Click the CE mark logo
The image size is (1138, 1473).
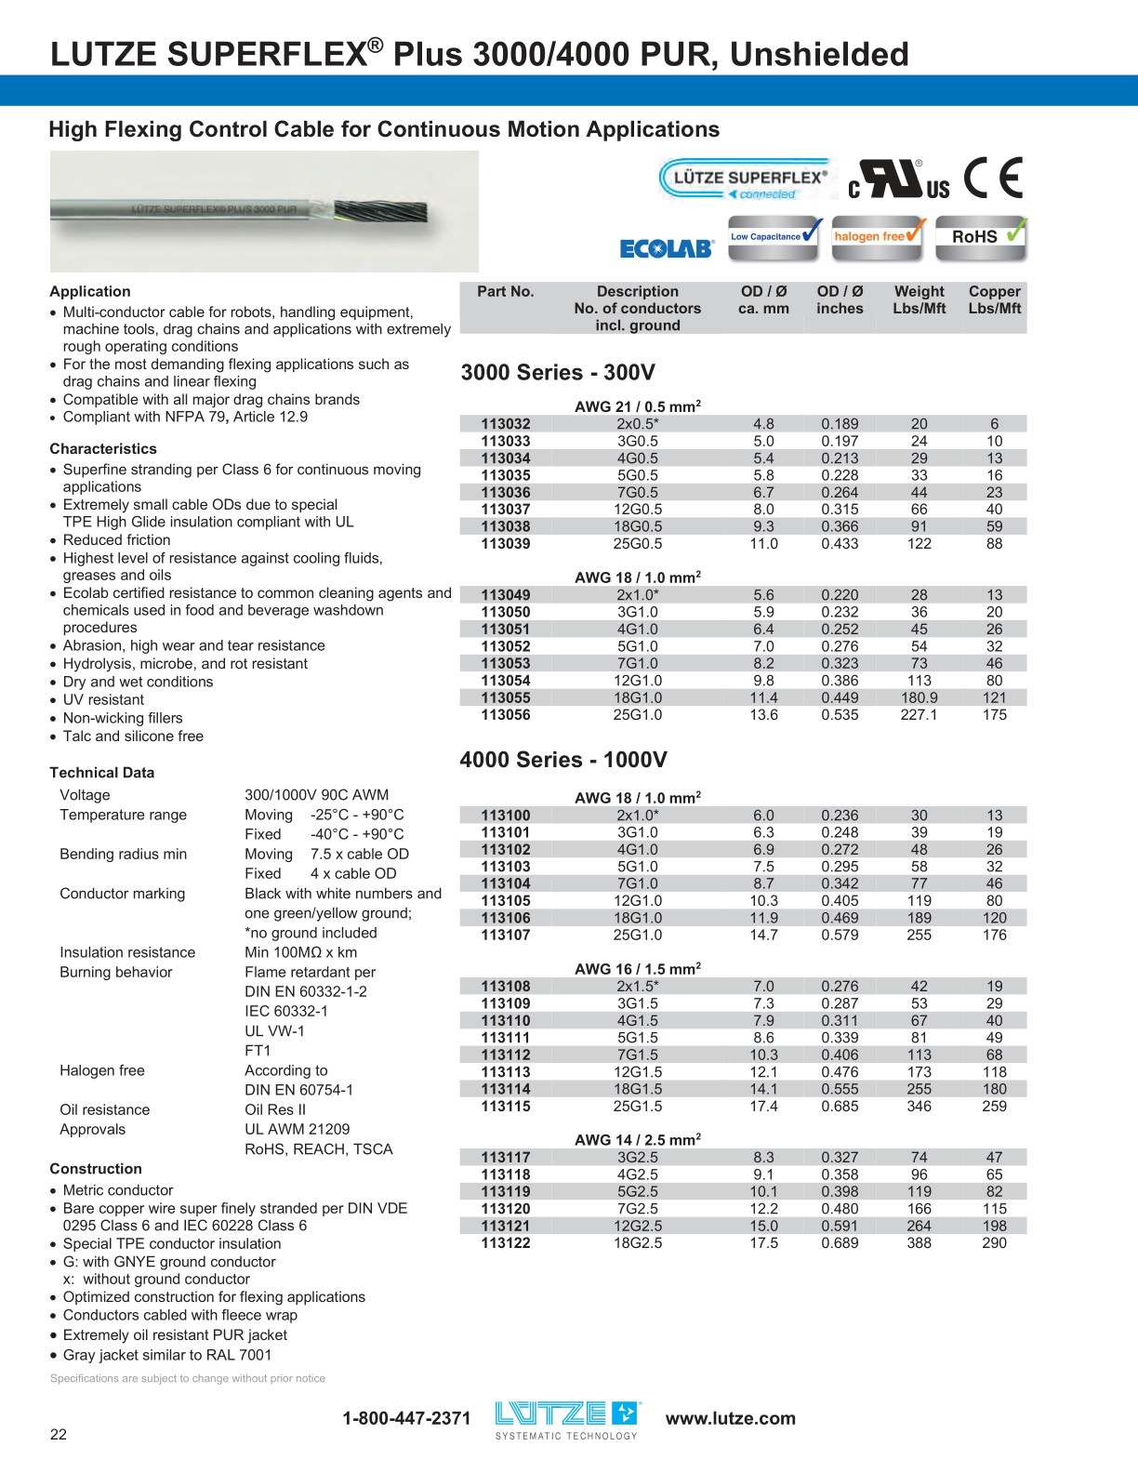coord(993,178)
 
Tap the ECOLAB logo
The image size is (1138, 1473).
coord(666,248)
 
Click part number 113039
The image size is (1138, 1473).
coord(506,544)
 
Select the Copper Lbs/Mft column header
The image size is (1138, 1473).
coord(994,299)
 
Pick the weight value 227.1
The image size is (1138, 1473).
coord(919,715)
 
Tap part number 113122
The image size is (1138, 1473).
coord(506,1243)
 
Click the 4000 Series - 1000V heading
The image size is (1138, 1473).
coord(563,760)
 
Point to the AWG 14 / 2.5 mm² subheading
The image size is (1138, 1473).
coord(638,1139)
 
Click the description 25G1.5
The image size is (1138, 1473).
coord(638,1107)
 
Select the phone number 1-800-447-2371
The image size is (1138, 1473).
coord(406,1418)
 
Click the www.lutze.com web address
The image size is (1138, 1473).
coord(731,1418)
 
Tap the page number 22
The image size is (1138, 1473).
coord(59,1434)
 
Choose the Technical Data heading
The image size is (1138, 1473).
coord(102,773)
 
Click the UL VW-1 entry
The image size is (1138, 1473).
coord(274,1030)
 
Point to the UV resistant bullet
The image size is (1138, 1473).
coord(103,700)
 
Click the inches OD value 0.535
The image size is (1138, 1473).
coord(840,715)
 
